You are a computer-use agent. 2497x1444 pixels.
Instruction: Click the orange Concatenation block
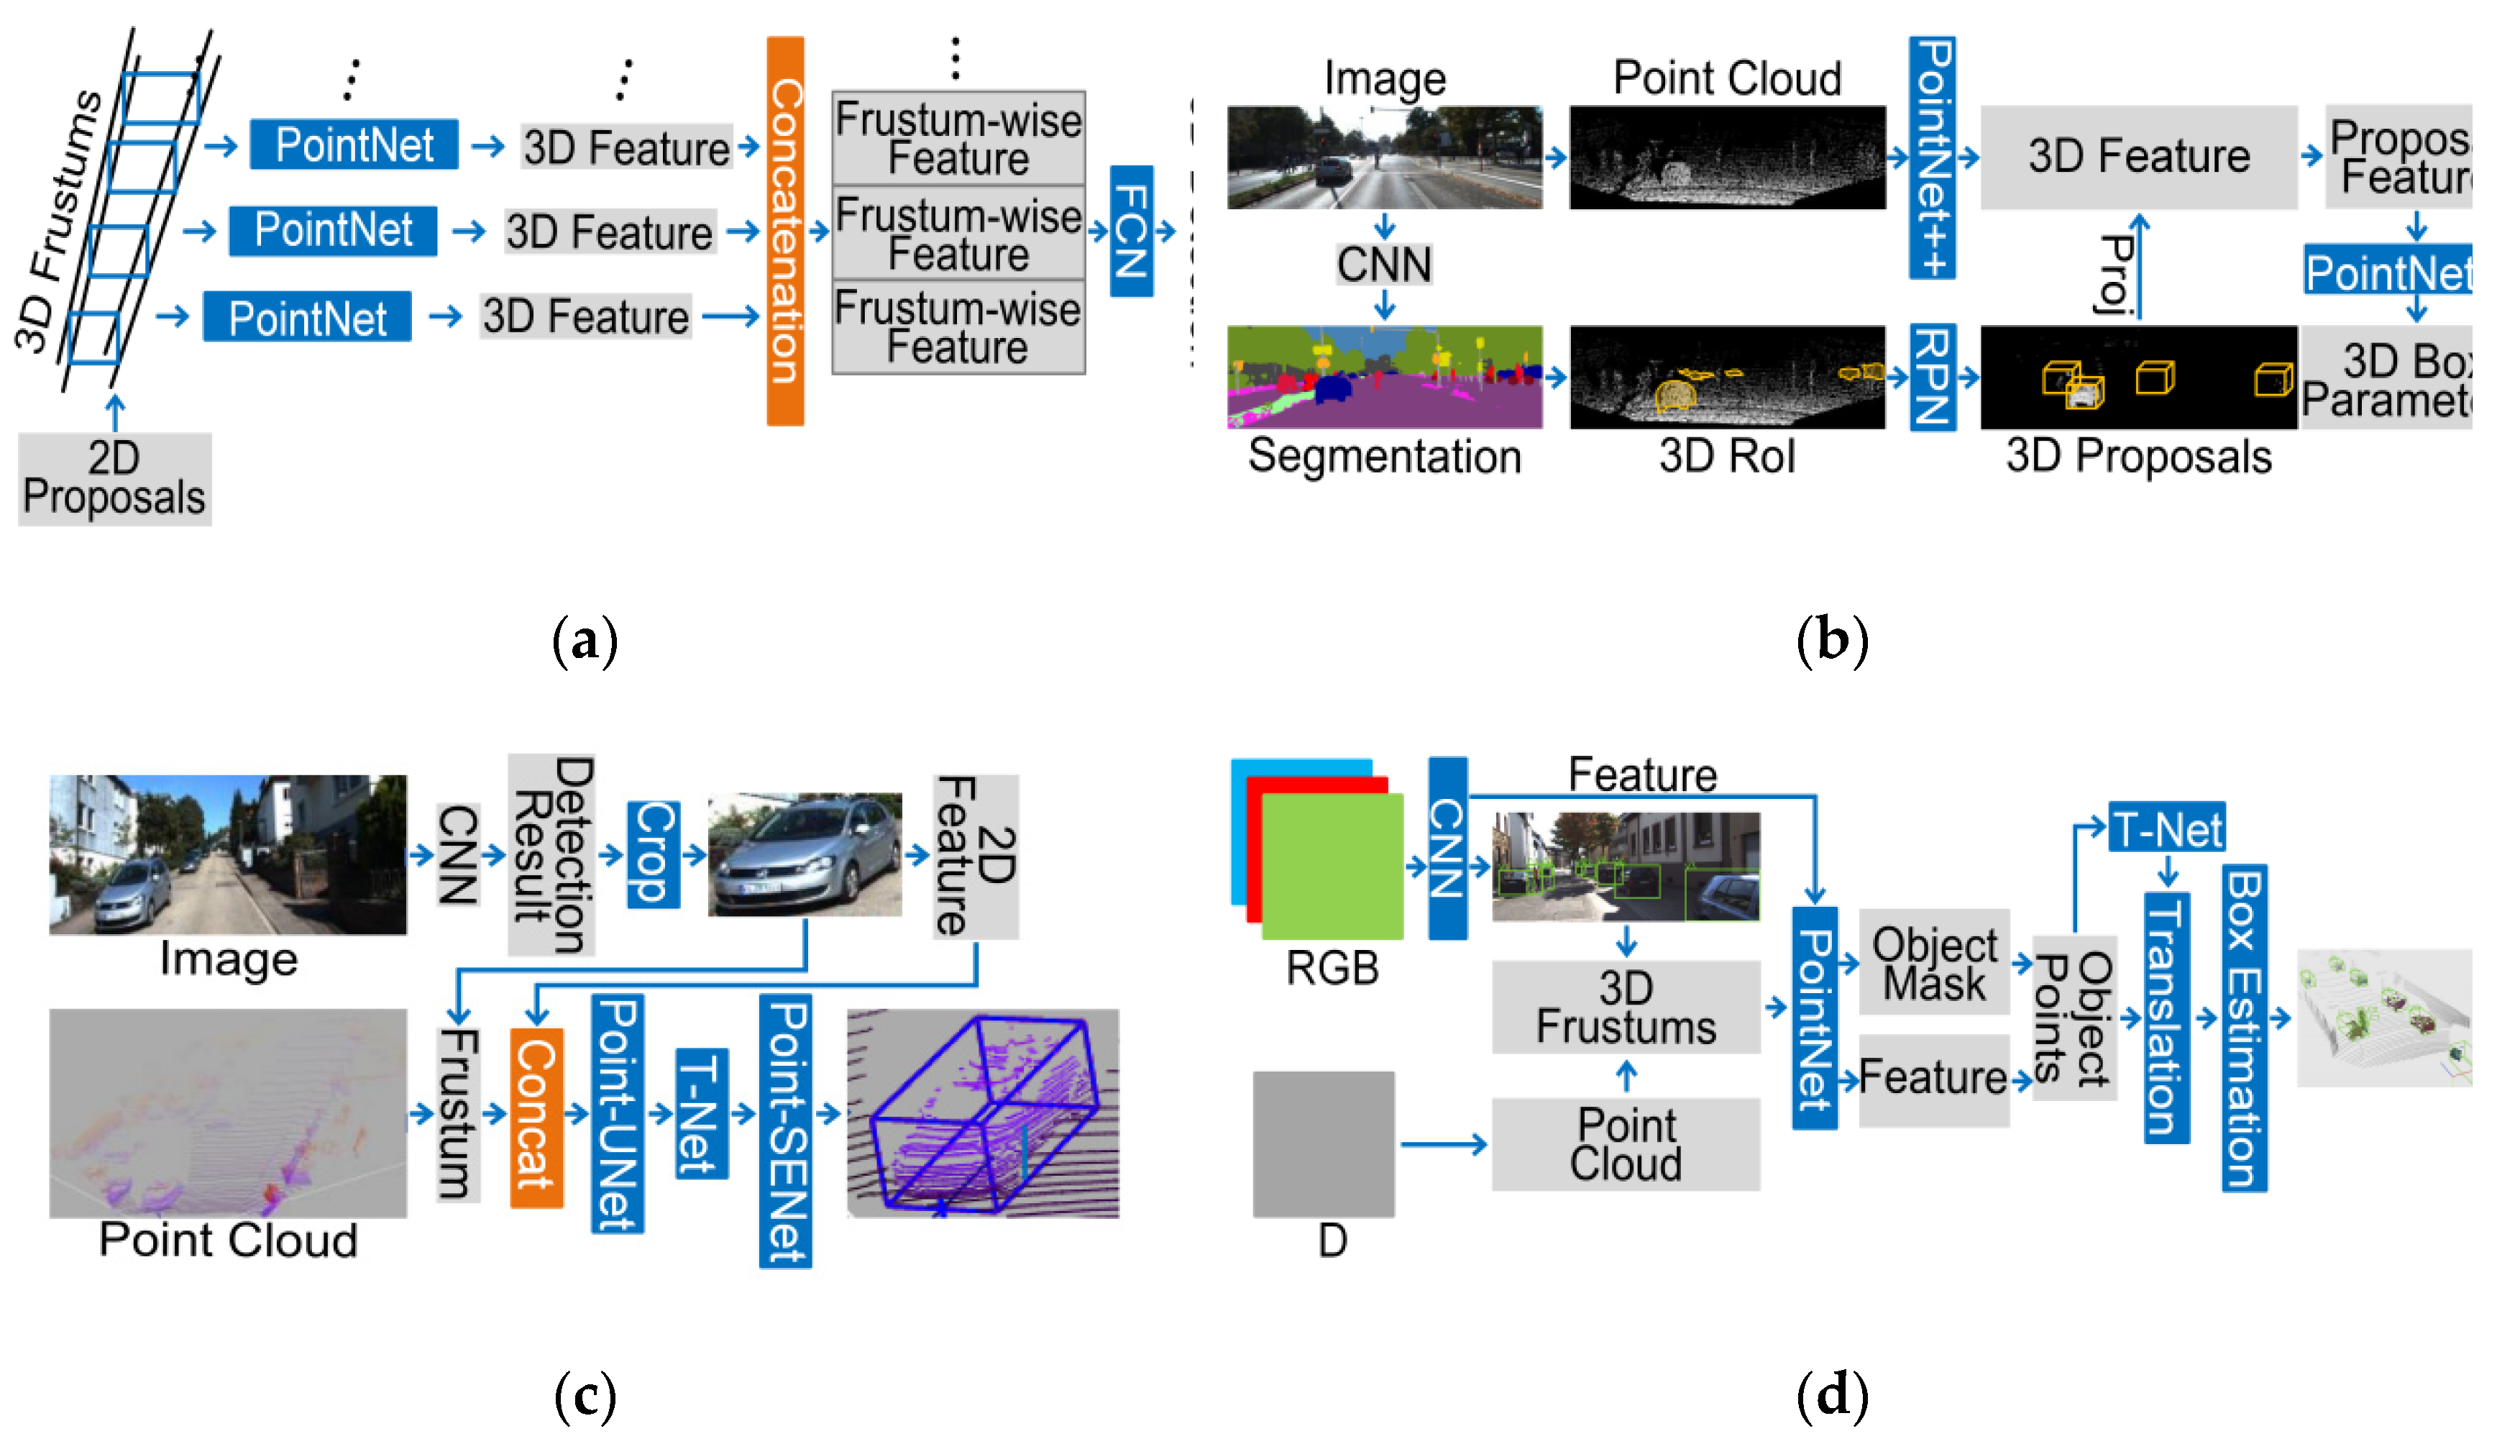785,231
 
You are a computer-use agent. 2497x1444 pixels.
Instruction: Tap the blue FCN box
1130,231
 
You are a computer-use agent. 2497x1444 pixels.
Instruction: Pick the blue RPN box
1931,377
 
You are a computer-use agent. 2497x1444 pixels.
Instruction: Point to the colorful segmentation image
1383,377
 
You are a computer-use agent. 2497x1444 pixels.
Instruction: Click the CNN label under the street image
1383,265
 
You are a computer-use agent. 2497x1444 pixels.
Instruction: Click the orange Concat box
536,1116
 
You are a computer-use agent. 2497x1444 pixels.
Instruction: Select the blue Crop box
653,854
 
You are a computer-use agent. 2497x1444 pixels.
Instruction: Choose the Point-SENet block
785,1130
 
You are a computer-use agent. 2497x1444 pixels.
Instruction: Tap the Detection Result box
551,854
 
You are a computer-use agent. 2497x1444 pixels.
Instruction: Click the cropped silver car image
804,854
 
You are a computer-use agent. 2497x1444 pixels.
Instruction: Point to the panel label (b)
1831,639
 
